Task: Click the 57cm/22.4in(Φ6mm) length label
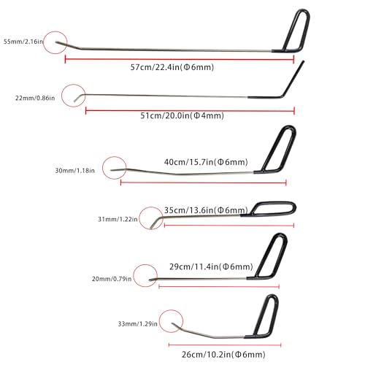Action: point(172,67)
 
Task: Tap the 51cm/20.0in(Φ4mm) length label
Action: point(182,115)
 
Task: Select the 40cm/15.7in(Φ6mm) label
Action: point(206,162)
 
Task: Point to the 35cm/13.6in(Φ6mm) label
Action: point(206,210)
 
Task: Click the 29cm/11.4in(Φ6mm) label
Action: point(211,266)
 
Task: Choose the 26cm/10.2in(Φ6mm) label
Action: point(223,354)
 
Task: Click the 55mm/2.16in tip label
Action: point(23,42)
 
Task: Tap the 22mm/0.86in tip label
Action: point(35,98)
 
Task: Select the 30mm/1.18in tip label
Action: point(74,171)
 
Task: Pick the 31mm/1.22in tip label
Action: point(118,219)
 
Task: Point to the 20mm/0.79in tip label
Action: point(112,279)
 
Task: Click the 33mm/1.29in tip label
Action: point(138,324)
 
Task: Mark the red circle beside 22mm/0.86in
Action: point(61,96)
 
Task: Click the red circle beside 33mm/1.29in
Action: point(159,321)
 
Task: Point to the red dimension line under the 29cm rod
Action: point(219,287)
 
